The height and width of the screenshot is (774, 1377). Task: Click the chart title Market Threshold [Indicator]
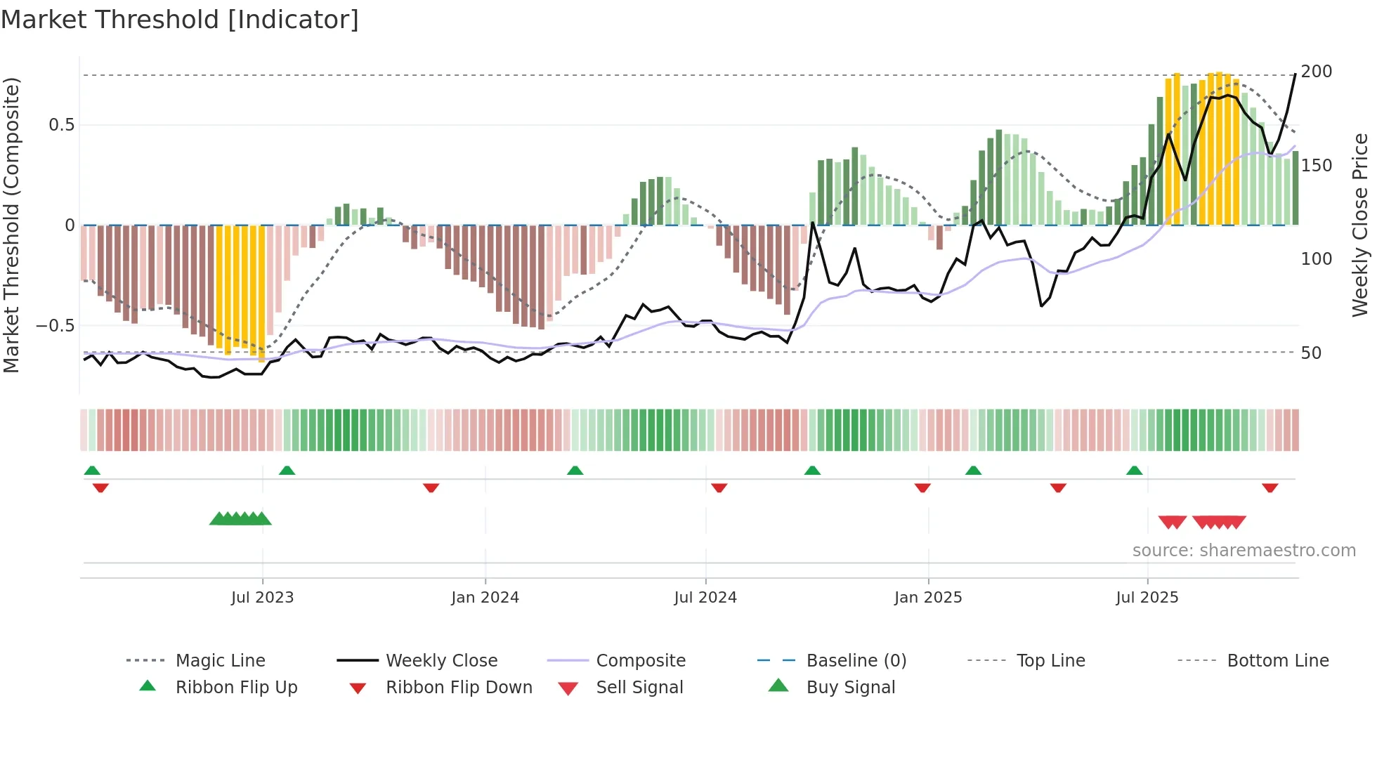[x=180, y=20]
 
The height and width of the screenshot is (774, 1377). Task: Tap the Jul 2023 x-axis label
[x=262, y=598]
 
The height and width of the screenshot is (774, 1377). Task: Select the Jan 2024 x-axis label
[x=485, y=598]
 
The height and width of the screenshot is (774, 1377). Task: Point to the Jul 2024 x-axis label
[x=705, y=598]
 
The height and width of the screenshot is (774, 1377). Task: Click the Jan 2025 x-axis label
[x=928, y=598]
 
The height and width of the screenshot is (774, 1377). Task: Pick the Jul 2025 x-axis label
[x=1147, y=598]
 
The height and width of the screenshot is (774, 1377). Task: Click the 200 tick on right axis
[x=1316, y=72]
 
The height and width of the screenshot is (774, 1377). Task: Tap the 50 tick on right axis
[x=1311, y=353]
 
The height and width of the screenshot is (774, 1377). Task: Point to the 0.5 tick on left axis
[x=61, y=125]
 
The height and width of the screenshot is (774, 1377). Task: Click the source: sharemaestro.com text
[x=1244, y=551]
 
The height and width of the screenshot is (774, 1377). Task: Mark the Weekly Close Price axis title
[x=1360, y=225]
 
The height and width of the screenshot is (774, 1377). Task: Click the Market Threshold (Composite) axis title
[x=11, y=225]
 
